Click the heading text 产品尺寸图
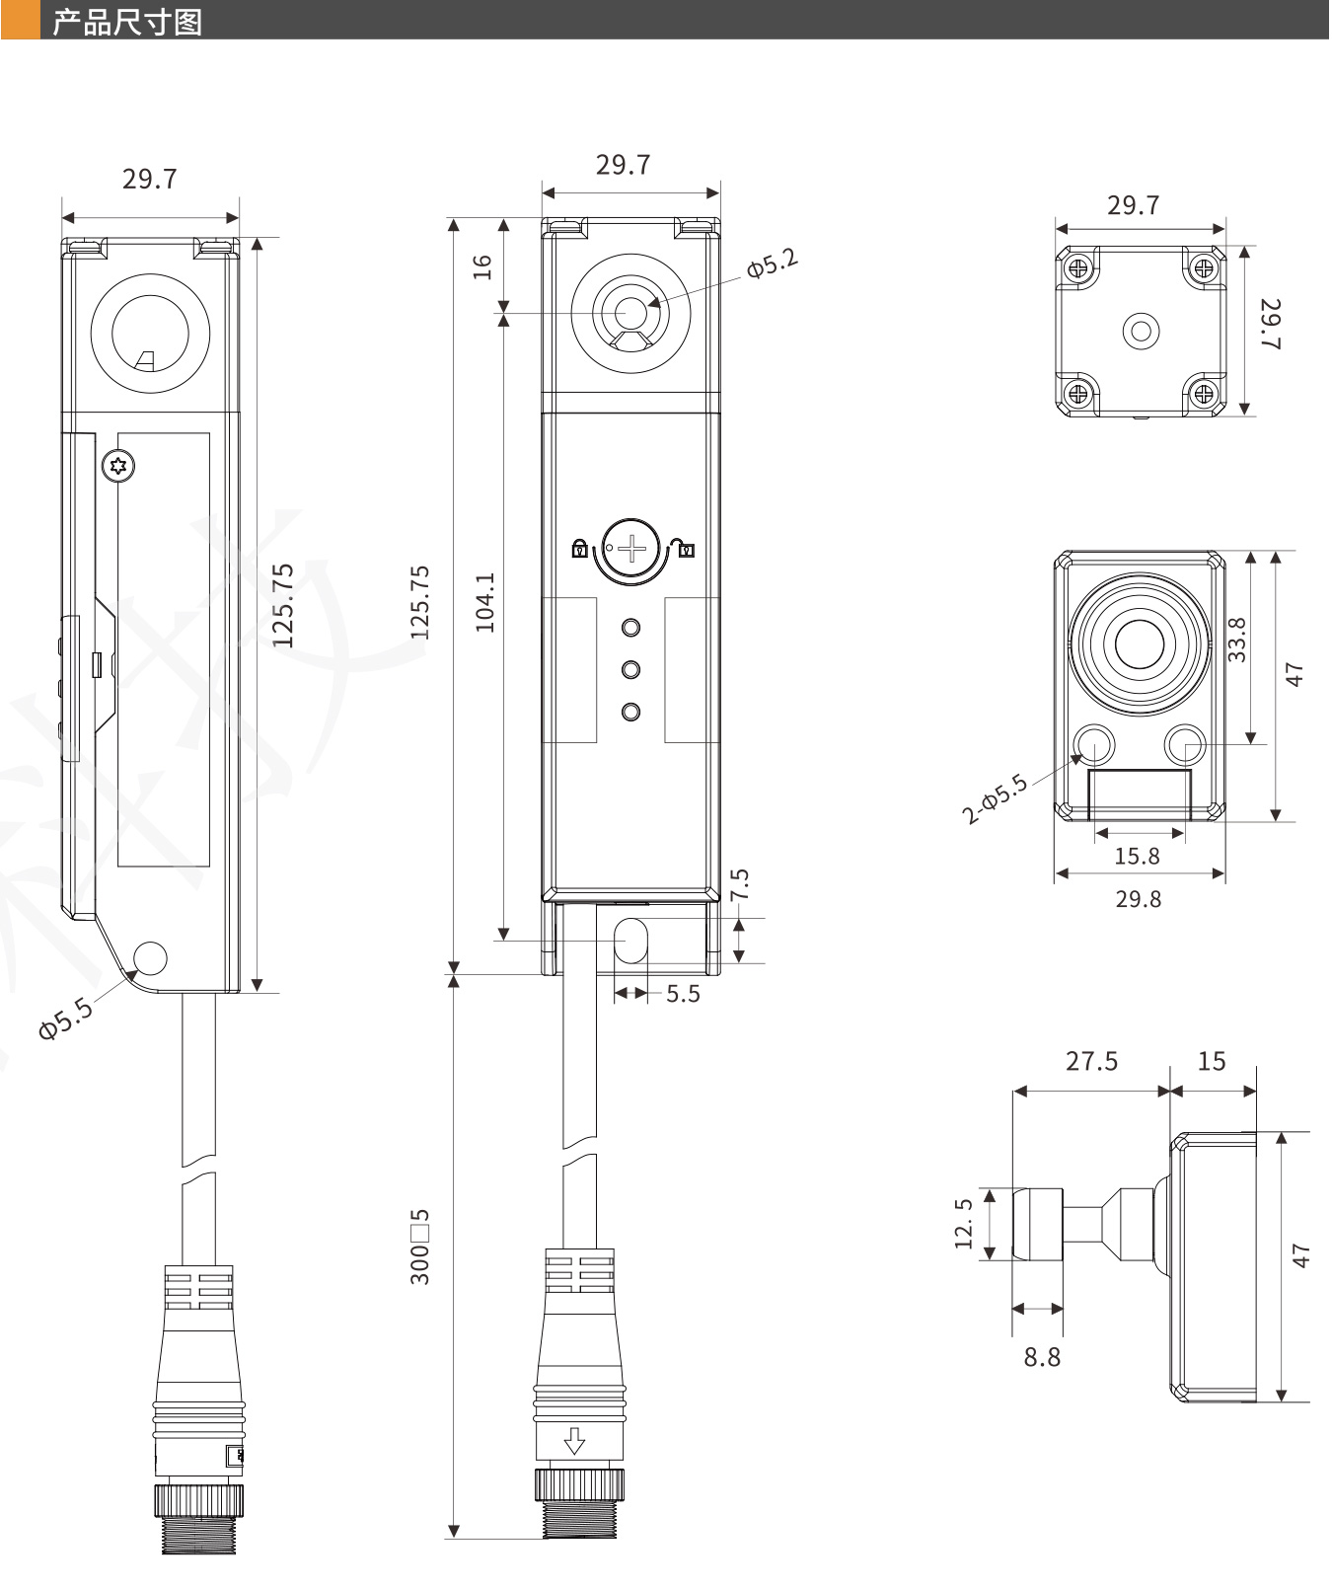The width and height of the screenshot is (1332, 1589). tap(126, 21)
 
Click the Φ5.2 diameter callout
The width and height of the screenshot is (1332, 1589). tap(772, 264)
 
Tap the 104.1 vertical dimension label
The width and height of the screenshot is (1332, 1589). tap(484, 601)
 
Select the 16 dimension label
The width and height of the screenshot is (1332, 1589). tap(481, 266)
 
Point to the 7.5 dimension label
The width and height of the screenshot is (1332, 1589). tap(740, 883)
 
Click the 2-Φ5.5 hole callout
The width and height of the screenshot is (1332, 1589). tap(995, 798)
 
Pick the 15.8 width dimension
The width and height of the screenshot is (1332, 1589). tap(1137, 856)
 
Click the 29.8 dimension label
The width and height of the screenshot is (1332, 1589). tap(1138, 899)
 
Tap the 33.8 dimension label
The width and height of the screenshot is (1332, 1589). tap(1236, 639)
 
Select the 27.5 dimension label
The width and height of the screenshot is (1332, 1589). tap(1091, 1061)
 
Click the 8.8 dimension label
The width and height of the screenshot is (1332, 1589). tap(1042, 1357)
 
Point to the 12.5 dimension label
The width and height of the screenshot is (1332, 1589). tap(964, 1224)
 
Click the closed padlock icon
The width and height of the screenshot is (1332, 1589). tap(580, 548)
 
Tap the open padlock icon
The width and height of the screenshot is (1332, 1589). tap(684, 547)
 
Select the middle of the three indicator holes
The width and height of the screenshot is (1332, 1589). tap(631, 669)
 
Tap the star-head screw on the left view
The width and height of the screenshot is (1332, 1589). tap(119, 466)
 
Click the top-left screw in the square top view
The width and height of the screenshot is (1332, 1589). tap(1078, 266)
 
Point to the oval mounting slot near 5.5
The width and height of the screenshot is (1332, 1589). tap(631, 941)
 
